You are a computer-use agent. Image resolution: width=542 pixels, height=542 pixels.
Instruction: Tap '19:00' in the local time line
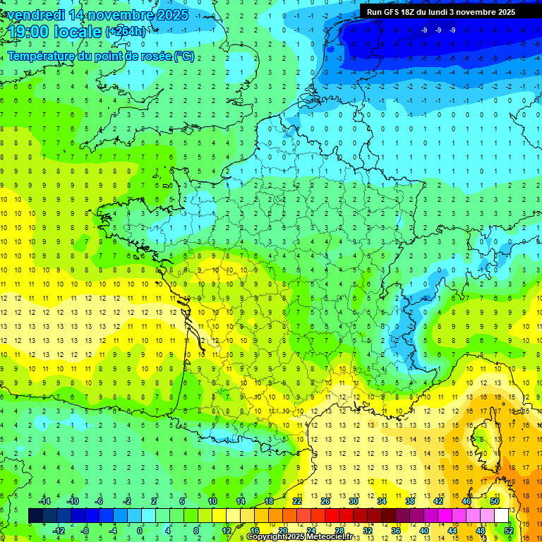tap(28, 32)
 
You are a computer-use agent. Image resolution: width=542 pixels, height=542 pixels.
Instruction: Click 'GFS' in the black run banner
tap(395, 12)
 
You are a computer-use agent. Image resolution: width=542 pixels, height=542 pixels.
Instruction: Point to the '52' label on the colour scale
tap(508, 531)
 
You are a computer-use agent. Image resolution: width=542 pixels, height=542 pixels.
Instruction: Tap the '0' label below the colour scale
tap(139, 531)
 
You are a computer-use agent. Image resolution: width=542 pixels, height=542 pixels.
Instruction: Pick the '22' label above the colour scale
tap(297, 500)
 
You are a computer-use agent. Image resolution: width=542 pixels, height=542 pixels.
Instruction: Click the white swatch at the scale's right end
tap(501, 516)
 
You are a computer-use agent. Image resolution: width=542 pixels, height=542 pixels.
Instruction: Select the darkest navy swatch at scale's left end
tap(35, 516)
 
